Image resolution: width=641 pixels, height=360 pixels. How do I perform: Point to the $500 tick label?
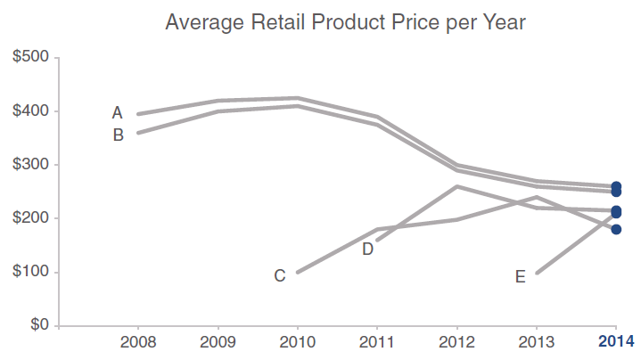click(31, 58)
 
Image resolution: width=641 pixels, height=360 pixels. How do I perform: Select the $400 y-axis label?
click(31, 111)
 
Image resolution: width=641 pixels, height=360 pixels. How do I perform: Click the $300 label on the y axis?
click(31, 165)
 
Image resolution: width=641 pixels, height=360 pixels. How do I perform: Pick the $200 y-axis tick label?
click(31, 218)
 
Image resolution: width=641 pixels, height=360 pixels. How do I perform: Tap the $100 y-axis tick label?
click(31, 272)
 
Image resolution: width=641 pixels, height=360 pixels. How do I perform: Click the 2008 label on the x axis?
click(138, 341)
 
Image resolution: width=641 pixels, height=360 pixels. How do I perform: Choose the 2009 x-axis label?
click(218, 341)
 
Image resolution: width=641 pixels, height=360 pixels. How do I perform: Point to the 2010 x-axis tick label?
click(297, 341)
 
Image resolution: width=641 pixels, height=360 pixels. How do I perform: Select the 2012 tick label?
click(456, 341)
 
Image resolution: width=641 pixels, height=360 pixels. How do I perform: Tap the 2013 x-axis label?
click(536, 341)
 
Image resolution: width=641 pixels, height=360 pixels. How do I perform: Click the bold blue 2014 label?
click(616, 341)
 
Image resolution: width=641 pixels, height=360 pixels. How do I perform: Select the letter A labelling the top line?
click(117, 113)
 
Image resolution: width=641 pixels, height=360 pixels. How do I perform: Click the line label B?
click(118, 135)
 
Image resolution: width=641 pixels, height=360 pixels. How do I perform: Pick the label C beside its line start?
click(279, 276)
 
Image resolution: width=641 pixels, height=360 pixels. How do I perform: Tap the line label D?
click(367, 250)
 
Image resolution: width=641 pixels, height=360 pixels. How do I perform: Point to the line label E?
click(520, 277)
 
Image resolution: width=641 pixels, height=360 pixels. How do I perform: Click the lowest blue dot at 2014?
click(616, 229)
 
